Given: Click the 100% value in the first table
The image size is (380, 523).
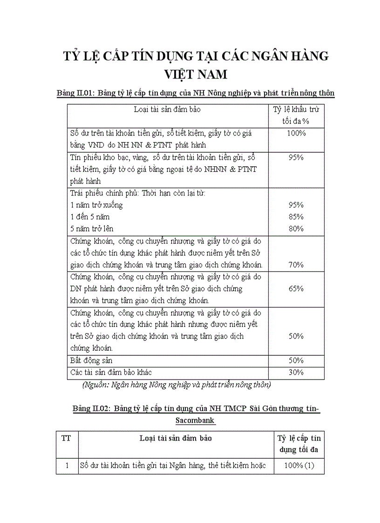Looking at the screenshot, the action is [296, 133].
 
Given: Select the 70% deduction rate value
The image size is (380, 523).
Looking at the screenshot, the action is [296, 265].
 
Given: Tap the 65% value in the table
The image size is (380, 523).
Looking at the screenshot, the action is [296, 288].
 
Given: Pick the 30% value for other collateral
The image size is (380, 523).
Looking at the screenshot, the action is [296, 372].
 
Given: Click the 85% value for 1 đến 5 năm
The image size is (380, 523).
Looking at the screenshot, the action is [296, 217].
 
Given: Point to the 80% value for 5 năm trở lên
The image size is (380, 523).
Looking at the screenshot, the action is [296, 229].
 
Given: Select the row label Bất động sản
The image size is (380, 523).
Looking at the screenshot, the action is [91, 360].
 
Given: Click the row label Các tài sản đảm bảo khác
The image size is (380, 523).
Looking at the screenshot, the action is [111, 372].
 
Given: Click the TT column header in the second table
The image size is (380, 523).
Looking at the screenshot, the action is [67, 438].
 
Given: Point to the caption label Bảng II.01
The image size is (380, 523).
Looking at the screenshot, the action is [75, 93].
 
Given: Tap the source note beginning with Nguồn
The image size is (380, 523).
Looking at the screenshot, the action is [176, 385].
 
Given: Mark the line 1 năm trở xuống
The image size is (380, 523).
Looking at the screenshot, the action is [96, 205].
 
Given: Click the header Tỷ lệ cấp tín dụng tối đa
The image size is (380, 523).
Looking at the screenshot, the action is [299, 444].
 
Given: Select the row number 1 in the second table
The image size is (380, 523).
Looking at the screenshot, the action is [67, 465].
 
